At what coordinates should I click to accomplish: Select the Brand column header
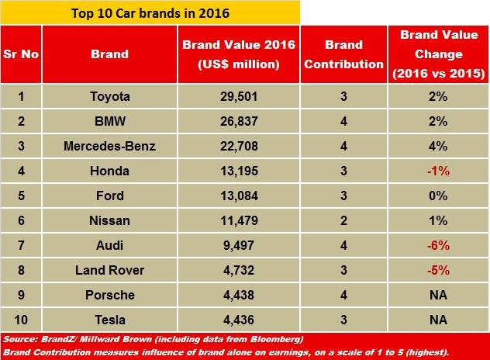point(109,54)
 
